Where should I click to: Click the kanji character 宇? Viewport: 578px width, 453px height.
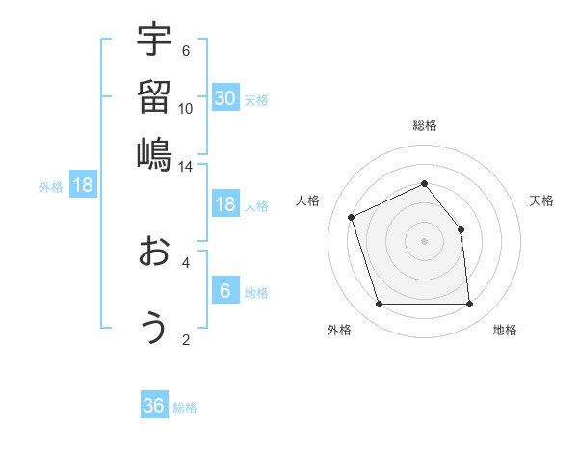point(154,41)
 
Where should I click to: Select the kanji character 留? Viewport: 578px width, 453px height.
point(154,97)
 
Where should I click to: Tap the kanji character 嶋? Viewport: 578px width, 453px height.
point(154,153)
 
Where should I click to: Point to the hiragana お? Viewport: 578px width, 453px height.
point(154,253)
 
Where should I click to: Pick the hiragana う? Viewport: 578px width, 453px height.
point(154,329)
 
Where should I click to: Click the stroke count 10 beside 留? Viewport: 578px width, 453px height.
point(186,109)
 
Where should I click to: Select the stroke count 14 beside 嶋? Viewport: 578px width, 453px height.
point(186,166)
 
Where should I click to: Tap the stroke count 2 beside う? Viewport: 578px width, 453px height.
point(186,339)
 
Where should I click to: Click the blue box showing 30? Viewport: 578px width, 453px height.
point(225,97)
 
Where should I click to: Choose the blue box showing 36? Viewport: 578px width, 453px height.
point(154,406)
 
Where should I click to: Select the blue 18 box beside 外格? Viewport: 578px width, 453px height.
point(83,185)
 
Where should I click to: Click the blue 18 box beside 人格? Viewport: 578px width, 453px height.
point(225,204)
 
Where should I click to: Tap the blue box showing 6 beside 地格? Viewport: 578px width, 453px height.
point(225,291)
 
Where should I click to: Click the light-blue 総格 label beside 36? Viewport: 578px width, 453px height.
point(185,408)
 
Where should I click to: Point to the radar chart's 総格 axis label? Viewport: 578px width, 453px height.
point(425,125)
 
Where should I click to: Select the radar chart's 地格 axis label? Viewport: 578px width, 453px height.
point(505,330)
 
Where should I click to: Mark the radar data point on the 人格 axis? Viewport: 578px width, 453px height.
point(353,217)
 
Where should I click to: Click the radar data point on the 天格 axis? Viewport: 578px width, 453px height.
point(460,229)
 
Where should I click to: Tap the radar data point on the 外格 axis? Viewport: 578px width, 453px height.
point(380,305)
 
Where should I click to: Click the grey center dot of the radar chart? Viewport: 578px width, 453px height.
point(425,241)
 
